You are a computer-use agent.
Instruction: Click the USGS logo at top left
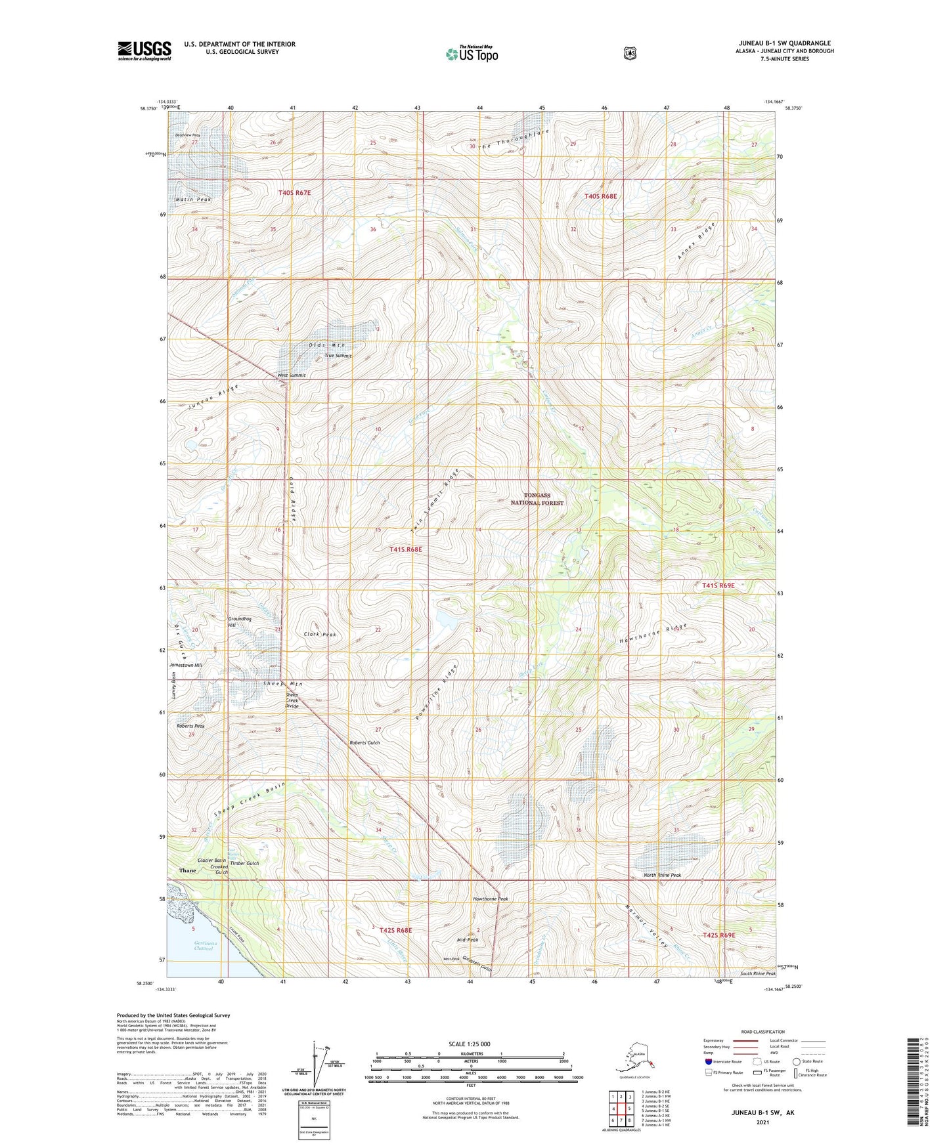coord(144,51)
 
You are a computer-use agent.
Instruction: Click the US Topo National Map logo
coord(471,53)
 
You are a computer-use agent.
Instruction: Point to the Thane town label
coord(187,870)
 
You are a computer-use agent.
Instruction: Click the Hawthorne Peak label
coord(491,899)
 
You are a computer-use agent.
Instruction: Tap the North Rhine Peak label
coord(662,875)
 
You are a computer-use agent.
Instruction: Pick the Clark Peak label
coord(320,635)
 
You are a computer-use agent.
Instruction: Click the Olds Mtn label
coord(326,345)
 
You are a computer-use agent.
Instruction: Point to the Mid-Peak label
coord(467,940)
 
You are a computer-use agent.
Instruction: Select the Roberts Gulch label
coord(364,742)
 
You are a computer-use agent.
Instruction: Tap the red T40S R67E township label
coord(294,193)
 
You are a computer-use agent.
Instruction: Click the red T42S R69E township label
coord(718,935)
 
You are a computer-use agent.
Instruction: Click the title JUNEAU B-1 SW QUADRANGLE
coord(784,43)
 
